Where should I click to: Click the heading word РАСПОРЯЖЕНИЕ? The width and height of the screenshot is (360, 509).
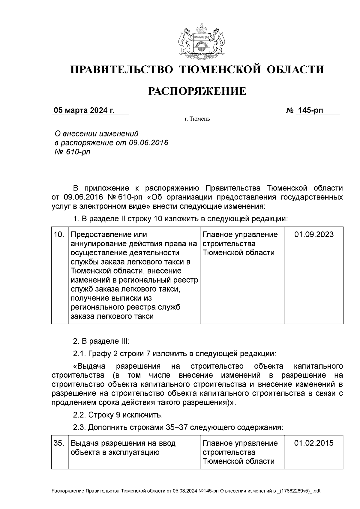pyautogui.click(x=197, y=91)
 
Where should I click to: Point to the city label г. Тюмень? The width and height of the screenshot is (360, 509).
pyautogui.click(x=197, y=119)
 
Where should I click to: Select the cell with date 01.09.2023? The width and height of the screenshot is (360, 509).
pyautogui.click(x=313, y=234)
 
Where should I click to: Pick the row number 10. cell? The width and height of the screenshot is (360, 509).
pyautogui.click(x=59, y=234)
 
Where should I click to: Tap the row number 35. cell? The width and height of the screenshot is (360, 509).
pyautogui.click(x=59, y=443)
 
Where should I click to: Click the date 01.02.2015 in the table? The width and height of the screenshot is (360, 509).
pyautogui.click(x=313, y=443)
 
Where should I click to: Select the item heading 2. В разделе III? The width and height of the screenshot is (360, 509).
pyautogui.click(x=101, y=341)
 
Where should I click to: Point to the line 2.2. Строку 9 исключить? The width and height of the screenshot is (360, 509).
pyautogui.click(x=118, y=415)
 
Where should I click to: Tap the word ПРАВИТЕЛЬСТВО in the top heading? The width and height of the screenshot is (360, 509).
pyautogui.click(x=122, y=70)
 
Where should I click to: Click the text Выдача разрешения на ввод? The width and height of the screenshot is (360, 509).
pyautogui.click(x=123, y=443)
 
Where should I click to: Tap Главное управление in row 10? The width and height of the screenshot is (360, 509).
pyautogui.click(x=240, y=234)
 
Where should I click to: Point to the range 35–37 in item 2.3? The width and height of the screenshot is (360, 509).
pyautogui.click(x=177, y=427)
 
